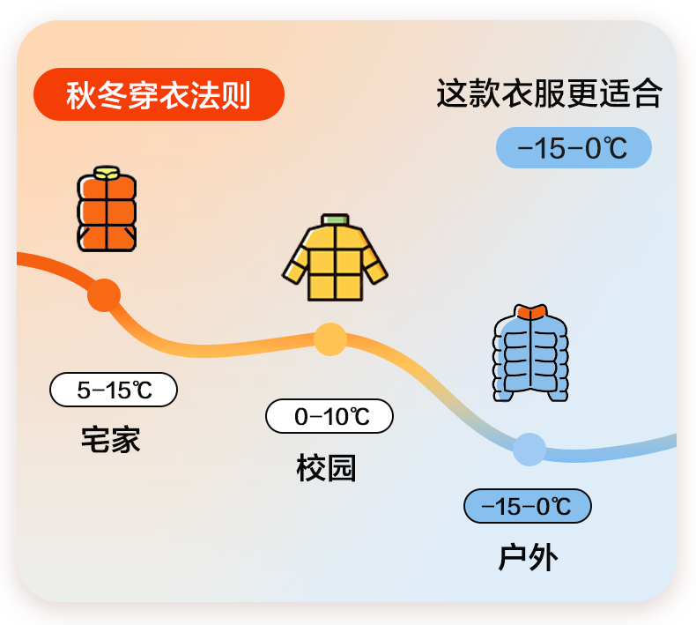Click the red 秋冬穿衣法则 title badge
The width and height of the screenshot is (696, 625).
[159, 94]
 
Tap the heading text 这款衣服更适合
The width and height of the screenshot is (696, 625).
[549, 93]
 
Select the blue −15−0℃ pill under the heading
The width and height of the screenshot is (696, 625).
[574, 147]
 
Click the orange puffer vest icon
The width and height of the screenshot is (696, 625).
[107, 209]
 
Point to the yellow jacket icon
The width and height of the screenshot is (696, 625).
[335, 257]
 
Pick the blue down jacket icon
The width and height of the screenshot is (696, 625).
[530, 353]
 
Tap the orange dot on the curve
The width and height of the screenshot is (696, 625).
[104, 295]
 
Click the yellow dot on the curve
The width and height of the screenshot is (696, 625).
[330, 339]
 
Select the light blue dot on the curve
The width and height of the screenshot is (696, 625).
[529, 449]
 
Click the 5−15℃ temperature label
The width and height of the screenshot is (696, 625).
[114, 390]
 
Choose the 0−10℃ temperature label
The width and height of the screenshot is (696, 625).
[329, 416]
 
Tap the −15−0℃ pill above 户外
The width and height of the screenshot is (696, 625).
[528, 506]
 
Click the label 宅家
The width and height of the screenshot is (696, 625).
[110, 439]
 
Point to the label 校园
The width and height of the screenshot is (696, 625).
[326, 468]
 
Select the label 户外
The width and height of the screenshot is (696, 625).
[528, 557]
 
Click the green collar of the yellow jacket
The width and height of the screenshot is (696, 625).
[335, 219]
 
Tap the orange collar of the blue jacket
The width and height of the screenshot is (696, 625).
[531, 312]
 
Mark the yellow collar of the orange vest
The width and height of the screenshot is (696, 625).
[107, 173]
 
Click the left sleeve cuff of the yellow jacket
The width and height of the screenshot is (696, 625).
[293, 273]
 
